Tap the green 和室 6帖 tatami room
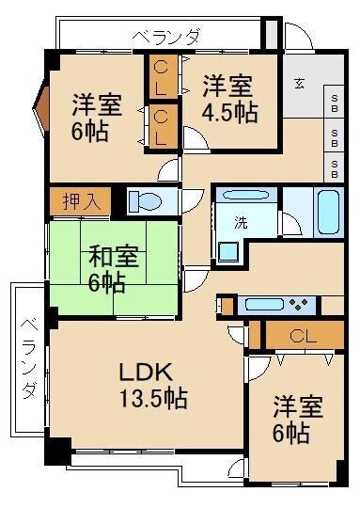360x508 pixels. coord(114,268)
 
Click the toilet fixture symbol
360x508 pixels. coord(146,202)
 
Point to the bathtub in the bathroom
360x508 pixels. coord(329,212)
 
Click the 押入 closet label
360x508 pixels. coord(80,201)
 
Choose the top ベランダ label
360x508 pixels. coord(166,38)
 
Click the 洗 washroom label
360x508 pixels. coord(242,224)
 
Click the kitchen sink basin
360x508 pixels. coord(258,305)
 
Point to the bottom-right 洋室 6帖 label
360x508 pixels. coord(298,421)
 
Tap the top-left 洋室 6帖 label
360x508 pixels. coord(95,116)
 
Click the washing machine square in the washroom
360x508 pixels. coord(228,252)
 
